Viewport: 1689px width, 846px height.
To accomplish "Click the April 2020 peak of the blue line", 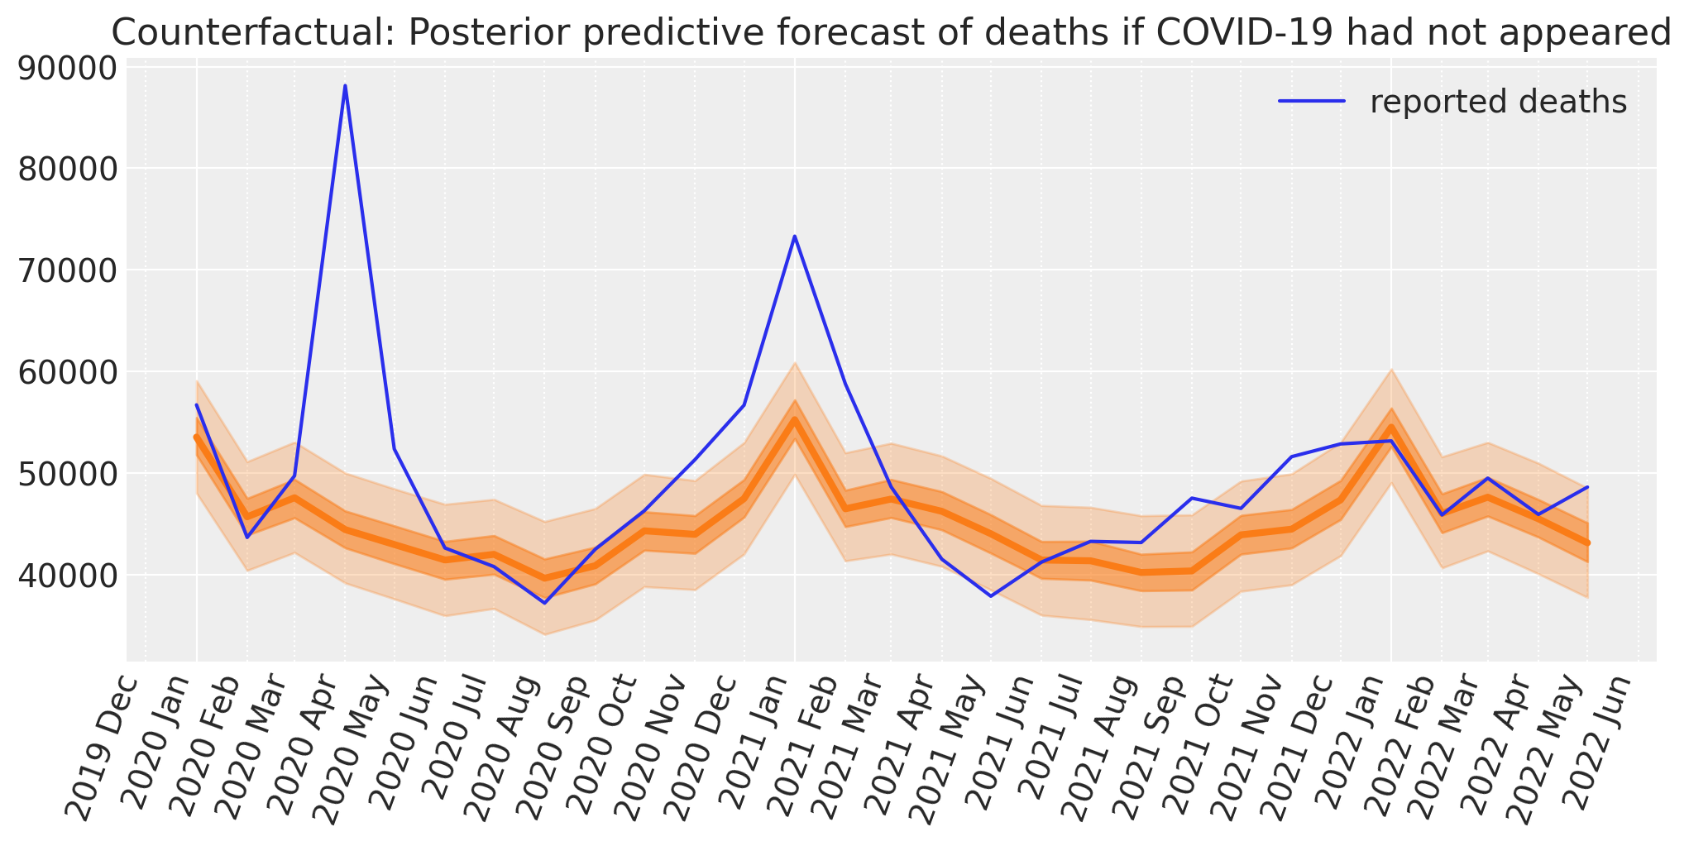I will (345, 85).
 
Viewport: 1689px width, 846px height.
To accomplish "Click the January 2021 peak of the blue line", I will (794, 236).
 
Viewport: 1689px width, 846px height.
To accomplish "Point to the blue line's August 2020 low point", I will (544, 603).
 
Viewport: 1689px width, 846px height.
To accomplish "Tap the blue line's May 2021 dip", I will (991, 595).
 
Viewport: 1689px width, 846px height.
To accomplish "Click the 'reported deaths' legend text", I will (1498, 102).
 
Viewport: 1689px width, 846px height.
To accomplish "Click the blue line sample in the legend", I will (1312, 102).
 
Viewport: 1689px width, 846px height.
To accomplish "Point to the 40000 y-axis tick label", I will (65, 576).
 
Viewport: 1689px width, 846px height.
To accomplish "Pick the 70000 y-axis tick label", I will (65, 271).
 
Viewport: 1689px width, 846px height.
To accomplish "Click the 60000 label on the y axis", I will (65, 372).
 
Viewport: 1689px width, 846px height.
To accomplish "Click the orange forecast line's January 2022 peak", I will (1390, 428).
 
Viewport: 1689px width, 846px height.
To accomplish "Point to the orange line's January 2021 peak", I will (794, 418).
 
